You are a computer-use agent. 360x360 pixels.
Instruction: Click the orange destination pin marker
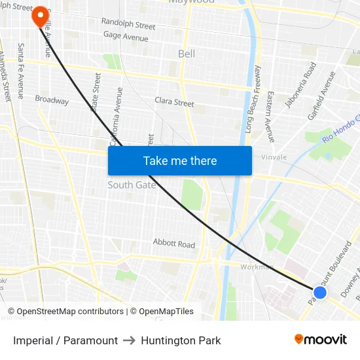coord(40,15)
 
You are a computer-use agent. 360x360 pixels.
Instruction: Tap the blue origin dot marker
coord(319,293)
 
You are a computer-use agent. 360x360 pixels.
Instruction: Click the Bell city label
coord(187,54)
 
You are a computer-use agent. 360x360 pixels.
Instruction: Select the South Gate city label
coord(132,185)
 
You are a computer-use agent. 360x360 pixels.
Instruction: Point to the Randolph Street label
coord(128,25)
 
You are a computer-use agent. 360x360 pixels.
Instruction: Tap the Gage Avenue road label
coord(125,37)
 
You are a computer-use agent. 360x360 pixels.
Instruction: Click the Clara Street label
coord(174,102)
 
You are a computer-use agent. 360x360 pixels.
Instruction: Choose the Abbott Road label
coord(174,243)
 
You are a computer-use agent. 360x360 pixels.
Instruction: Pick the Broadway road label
coord(52,100)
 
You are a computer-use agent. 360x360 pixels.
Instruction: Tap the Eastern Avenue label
coord(269,103)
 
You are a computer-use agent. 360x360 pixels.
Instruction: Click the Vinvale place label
coord(274,158)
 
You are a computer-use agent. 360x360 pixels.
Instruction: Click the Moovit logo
coord(321,339)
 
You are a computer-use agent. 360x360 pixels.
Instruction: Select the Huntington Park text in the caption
coord(181,340)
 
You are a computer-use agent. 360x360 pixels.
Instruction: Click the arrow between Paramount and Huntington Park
coord(129,340)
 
